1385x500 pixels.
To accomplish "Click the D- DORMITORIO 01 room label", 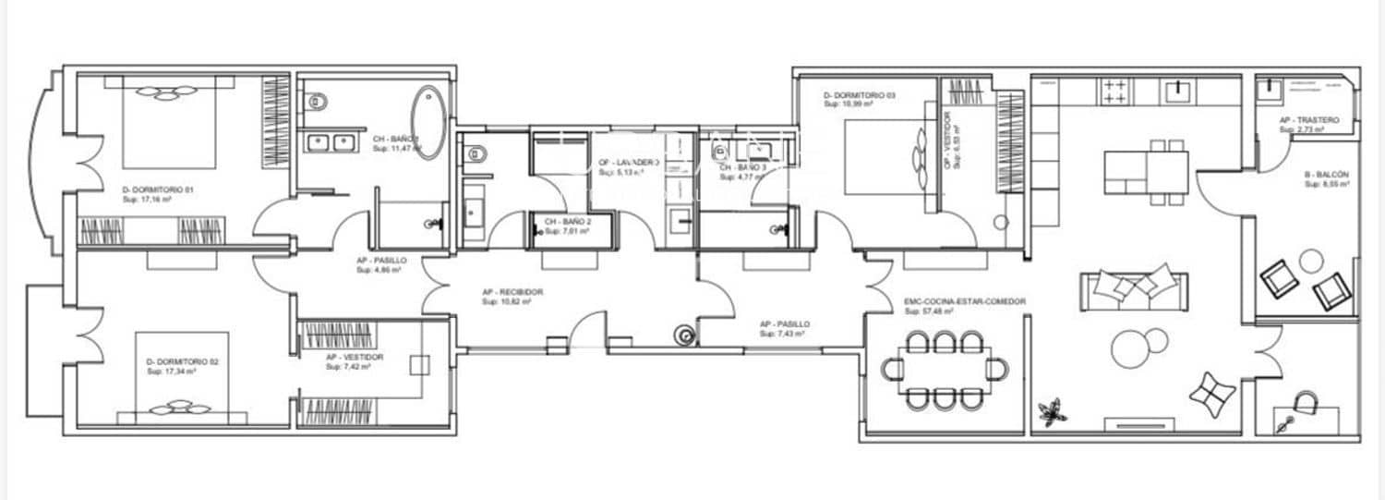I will [x=158, y=189].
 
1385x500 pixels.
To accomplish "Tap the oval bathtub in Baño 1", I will [x=429, y=122].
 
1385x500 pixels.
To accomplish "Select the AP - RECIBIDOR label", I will [x=512, y=292].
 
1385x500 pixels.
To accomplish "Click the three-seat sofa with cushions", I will [x=1135, y=290].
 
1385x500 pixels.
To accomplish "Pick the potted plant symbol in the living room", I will [x=1051, y=411].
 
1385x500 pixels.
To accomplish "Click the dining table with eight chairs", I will [x=945, y=370].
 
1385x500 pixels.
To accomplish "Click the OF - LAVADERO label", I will [x=628, y=162].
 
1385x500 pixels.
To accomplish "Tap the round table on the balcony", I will [x=1311, y=262].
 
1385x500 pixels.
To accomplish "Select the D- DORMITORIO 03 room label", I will [x=859, y=95].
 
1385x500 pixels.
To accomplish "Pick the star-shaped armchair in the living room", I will [x=1211, y=395].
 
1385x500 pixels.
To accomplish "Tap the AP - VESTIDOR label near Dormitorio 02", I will [x=355, y=357].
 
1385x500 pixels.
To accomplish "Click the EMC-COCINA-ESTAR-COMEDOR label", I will [x=965, y=301].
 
